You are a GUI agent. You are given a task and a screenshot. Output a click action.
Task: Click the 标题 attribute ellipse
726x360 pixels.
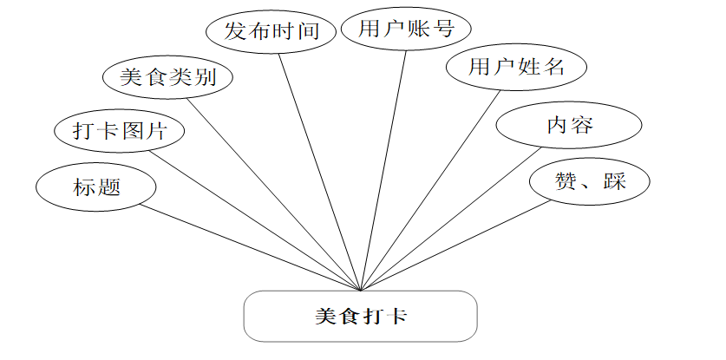pos(96,187)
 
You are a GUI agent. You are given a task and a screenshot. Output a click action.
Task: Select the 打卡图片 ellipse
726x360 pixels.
pos(120,131)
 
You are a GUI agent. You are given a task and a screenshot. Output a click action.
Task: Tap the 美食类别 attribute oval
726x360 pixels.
pos(167,78)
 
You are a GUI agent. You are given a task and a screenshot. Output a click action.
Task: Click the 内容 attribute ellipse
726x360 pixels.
pos(569,125)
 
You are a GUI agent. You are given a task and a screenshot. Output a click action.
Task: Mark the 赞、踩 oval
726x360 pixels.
pos(590,181)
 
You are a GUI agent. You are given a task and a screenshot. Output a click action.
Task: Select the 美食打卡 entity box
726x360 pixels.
pos(360,316)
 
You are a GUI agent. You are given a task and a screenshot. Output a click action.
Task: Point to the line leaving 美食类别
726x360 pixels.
pos(273,193)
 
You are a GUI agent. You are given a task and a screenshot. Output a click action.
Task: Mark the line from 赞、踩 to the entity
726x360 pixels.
pos(455,245)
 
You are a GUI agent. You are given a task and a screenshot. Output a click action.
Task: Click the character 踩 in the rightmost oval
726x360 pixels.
pos(614,181)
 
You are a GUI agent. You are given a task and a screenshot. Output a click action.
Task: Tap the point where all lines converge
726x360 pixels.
pos(360,290)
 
